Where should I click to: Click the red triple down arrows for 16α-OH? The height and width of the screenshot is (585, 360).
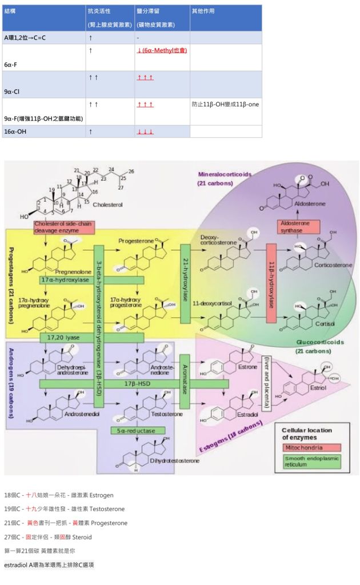(x=145, y=132)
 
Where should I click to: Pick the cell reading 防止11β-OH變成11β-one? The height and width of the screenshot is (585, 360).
(x=225, y=105)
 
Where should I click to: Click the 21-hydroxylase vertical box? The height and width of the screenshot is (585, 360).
(x=185, y=283)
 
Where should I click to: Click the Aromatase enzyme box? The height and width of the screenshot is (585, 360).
(x=185, y=381)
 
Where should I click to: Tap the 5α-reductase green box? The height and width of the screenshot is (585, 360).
(x=138, y=430)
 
